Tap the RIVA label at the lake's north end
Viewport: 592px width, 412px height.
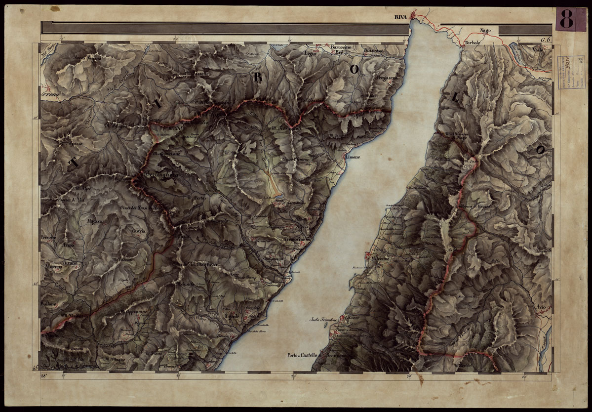click(400, 17)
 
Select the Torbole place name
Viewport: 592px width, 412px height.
click(473, 43)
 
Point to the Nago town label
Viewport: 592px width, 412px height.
click(485, 31)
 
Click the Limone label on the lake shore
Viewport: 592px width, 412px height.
click(353, 157)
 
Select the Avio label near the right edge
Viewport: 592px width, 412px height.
click(540, 307)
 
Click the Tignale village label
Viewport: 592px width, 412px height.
click(232, 316)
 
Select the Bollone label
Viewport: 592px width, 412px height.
click(49, 303)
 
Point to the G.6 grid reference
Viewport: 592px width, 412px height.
click(545, 40)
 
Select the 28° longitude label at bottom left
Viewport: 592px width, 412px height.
click(45, 376)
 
